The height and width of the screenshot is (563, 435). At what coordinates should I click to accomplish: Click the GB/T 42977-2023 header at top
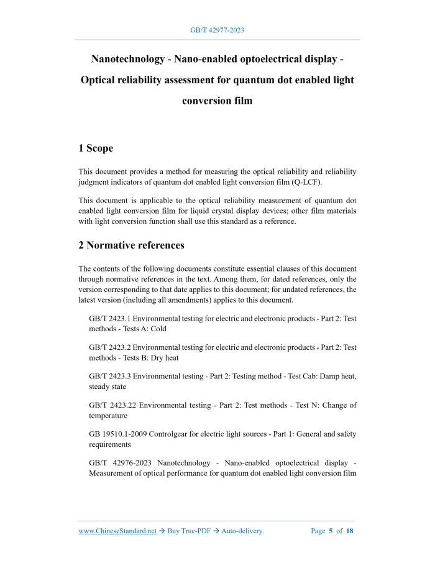217,30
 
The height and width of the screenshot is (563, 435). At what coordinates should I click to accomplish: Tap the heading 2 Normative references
131,245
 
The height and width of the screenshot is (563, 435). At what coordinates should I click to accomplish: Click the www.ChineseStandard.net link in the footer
117,531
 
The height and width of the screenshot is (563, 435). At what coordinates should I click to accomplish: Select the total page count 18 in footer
350,531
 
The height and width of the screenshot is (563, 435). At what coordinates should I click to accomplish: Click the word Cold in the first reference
158,329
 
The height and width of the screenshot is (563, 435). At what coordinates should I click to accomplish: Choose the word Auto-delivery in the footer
243,531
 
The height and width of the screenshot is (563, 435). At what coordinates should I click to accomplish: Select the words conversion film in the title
217,100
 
